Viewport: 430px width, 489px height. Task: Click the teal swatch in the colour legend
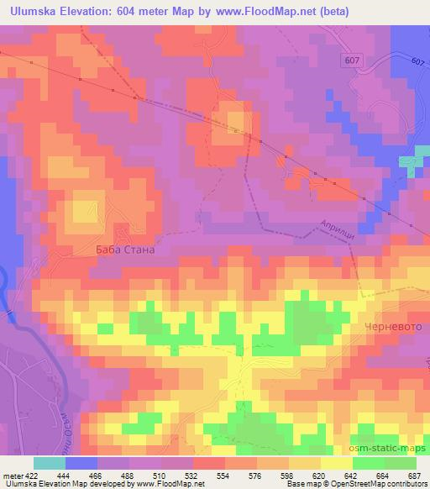(x=50, y=463)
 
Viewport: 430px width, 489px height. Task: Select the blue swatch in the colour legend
(x=81, y=463)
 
